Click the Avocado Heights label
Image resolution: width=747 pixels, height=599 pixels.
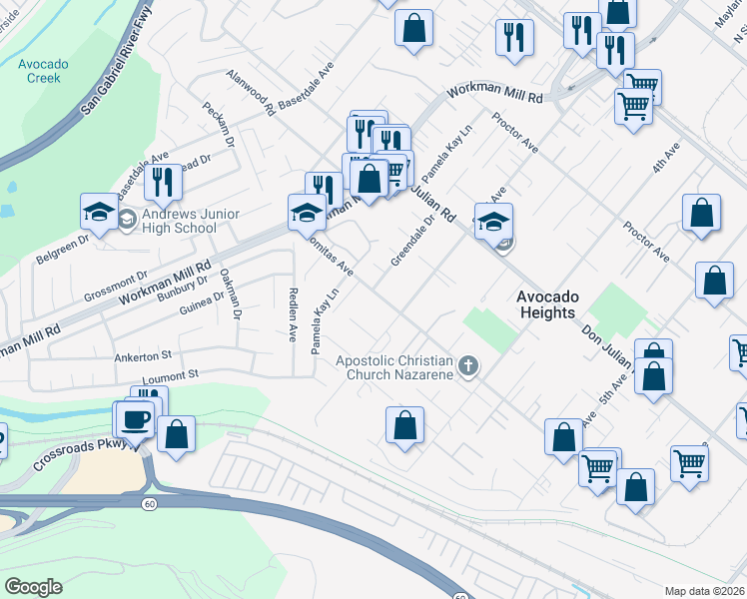(545, 304)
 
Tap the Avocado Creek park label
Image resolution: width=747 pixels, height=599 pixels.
(43, 71)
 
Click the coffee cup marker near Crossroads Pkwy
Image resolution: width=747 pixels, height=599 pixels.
(135, 419)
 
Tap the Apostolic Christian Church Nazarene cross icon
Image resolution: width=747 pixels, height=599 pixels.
(467, 367)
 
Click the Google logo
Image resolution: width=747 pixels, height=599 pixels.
(33, 587)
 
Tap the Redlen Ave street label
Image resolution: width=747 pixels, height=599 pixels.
(294, 314)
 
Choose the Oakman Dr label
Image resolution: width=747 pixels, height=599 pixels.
(231, 294)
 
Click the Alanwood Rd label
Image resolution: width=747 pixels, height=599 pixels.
(251, 94)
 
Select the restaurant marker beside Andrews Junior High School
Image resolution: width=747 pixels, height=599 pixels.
(162, 183)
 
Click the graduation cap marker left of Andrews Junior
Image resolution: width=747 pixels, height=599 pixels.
(100, 212)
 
